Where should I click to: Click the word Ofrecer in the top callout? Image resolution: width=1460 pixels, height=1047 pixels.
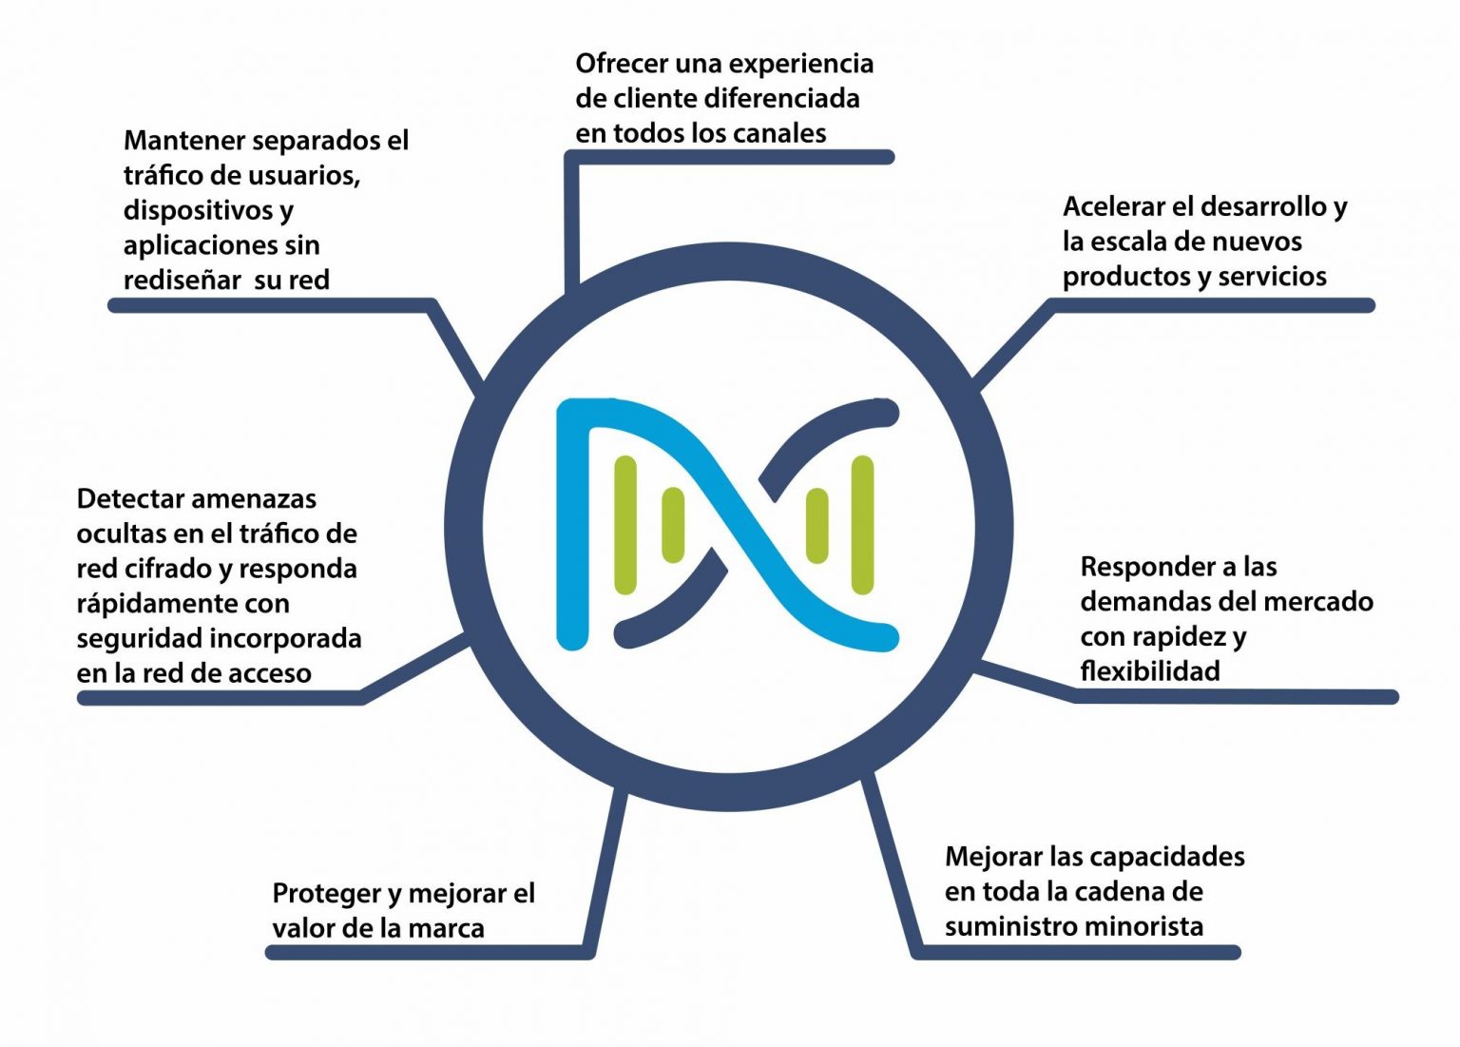(x=622, y=65)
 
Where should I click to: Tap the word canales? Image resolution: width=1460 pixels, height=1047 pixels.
(x=780, y=134)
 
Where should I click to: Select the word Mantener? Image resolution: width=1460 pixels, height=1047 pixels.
(x=185, y=141)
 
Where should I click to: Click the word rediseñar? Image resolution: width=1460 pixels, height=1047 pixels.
(x=182, y=281)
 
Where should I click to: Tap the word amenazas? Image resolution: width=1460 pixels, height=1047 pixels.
(x=259, y=499)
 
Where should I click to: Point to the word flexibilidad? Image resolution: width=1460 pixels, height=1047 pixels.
(x=1149, y=671)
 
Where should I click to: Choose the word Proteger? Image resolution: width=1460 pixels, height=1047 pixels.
(x=326, y=894)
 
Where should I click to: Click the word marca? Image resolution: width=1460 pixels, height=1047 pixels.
(x=446, y=928)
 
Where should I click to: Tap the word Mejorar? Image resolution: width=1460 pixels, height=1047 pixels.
(x=993, y=857)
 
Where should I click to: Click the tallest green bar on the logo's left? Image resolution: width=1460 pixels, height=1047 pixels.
(x=625, y=525)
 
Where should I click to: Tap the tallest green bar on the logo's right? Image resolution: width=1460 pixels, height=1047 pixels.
(x=862, y=525)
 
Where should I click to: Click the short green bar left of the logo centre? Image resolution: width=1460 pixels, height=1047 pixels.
(x=672, y=524)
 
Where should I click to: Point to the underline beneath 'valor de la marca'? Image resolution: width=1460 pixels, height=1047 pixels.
(x=428, y=952)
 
